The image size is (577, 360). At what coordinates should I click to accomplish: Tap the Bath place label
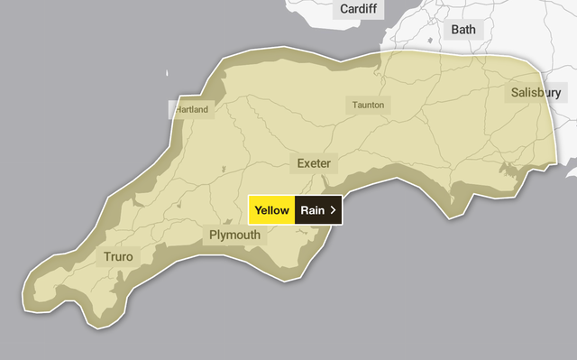tap(463, 29)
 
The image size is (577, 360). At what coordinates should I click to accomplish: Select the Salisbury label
tap(536, 92)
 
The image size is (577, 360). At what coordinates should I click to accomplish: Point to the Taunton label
tap(368, 106)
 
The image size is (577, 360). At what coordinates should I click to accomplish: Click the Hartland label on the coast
tap(191, 109)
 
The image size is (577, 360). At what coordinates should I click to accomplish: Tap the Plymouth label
tap(234, 235)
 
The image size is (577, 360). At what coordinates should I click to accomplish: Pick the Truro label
tap(118, 257)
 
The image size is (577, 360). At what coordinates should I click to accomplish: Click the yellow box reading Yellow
tap(271, 210)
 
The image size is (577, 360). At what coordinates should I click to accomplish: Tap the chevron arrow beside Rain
tap(334, 210)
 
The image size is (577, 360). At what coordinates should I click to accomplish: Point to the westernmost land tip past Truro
tap(33, 287)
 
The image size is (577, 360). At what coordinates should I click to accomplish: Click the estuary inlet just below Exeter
tap(322, 184)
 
